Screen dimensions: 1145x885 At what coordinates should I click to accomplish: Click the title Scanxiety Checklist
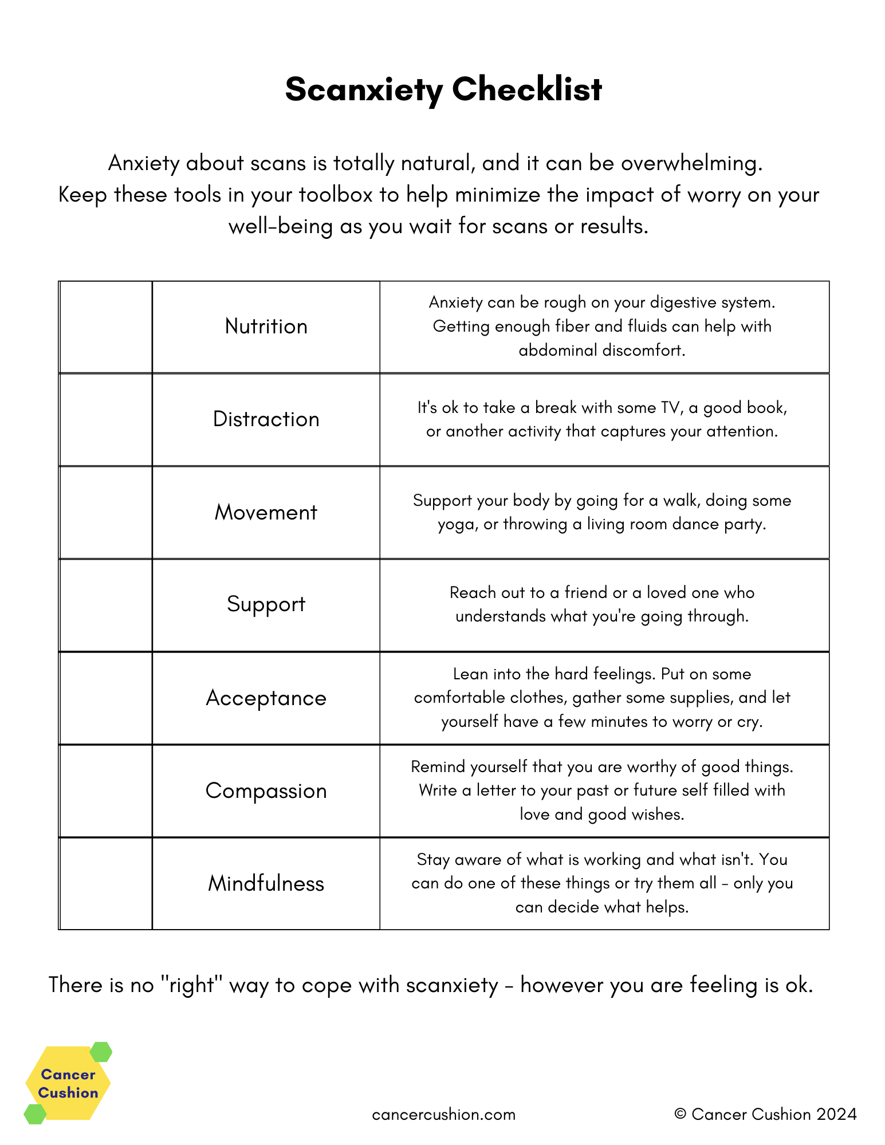point(443,89)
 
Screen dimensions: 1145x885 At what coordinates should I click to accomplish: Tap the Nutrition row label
point(266,326)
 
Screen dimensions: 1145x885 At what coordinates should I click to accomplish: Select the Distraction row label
point(266,419)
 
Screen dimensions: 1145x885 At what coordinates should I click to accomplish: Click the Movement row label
point(266,512)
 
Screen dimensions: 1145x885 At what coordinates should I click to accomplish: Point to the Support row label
point(266,604)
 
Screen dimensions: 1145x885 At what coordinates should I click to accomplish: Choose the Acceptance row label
point(266,698)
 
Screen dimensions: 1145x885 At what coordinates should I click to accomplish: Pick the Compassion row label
point(266,791)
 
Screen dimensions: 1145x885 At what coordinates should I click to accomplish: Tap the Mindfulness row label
point(266,884)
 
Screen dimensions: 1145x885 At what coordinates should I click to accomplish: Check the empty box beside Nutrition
point(106,327)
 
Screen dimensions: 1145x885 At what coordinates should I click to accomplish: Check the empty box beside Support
point(106,605)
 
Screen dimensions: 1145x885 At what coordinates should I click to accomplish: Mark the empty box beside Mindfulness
point(106,884)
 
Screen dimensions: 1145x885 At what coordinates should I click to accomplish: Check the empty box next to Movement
point(106,513)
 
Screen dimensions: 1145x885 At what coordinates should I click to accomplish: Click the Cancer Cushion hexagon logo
point(68,1083)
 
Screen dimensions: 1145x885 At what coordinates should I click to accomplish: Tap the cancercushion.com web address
point(443,1115)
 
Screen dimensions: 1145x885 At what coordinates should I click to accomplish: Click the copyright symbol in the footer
point(680,1114)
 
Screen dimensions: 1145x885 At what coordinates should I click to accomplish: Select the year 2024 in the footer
point(836,1114)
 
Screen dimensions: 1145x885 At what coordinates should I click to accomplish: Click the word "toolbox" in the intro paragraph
point(335,195)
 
